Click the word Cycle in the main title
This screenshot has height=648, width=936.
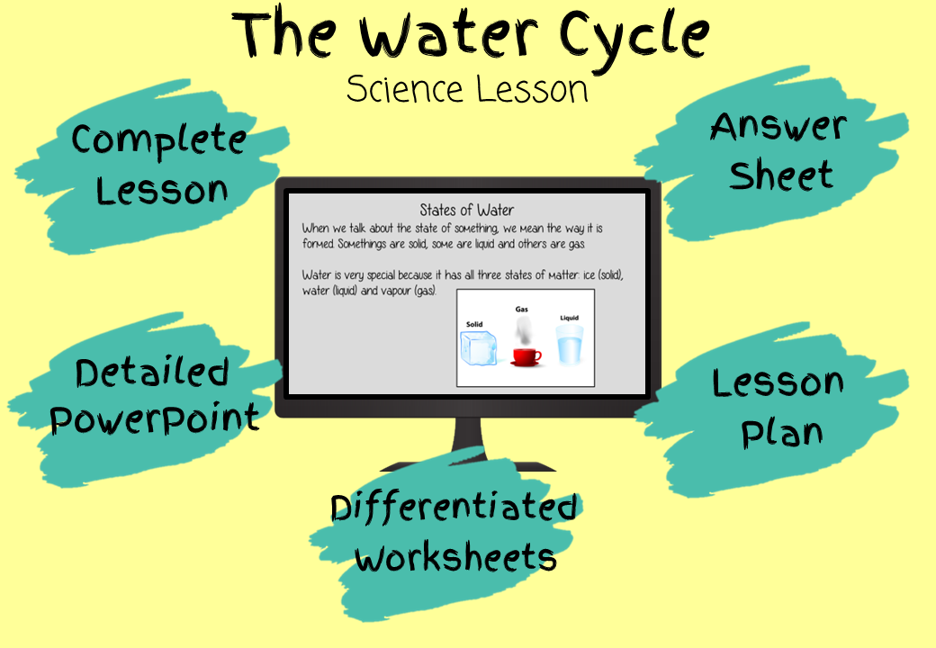coord(634,36)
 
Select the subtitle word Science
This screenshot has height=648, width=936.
coord(405,89)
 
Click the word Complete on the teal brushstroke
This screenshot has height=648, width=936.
coord(158,140)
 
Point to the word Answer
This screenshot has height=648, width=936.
coord(778,126)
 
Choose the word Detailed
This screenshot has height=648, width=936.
coord(152,373)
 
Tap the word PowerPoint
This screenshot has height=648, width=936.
coord(155,418)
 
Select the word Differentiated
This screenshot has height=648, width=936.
coord(454,508)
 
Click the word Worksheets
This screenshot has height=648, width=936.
coord(455,557)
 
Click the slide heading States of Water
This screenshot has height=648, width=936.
coord(467,210)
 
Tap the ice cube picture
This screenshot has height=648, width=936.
coord(478,347)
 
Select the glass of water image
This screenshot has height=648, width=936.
coord(570,345)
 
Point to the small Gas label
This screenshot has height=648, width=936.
coord(522,309)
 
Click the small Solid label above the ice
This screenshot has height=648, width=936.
coord(474,324)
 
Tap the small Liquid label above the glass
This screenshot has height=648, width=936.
coord(570,318)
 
